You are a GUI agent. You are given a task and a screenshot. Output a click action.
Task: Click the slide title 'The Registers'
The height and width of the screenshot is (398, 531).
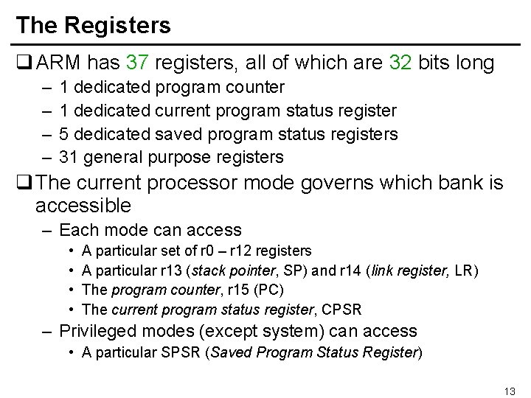[93, 25]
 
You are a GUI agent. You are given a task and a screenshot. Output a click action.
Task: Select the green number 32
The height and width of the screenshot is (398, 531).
[400, 63]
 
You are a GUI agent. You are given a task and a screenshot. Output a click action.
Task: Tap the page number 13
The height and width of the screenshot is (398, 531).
[509, 391]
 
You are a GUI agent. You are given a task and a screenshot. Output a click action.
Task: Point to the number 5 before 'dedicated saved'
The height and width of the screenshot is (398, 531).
[64, 134]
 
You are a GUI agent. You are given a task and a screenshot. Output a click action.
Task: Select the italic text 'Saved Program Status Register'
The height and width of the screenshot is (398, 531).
[314, 352]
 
